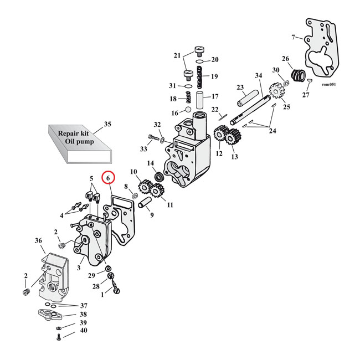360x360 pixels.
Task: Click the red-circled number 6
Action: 109,178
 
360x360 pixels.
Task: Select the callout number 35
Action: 107,124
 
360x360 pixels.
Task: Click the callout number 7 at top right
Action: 293,37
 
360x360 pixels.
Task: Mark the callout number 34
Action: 258,75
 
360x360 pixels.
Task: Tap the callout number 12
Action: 219,153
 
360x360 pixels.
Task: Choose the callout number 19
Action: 215,76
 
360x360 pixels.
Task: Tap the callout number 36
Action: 38,241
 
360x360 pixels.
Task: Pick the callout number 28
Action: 96,287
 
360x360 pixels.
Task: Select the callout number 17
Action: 215,96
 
